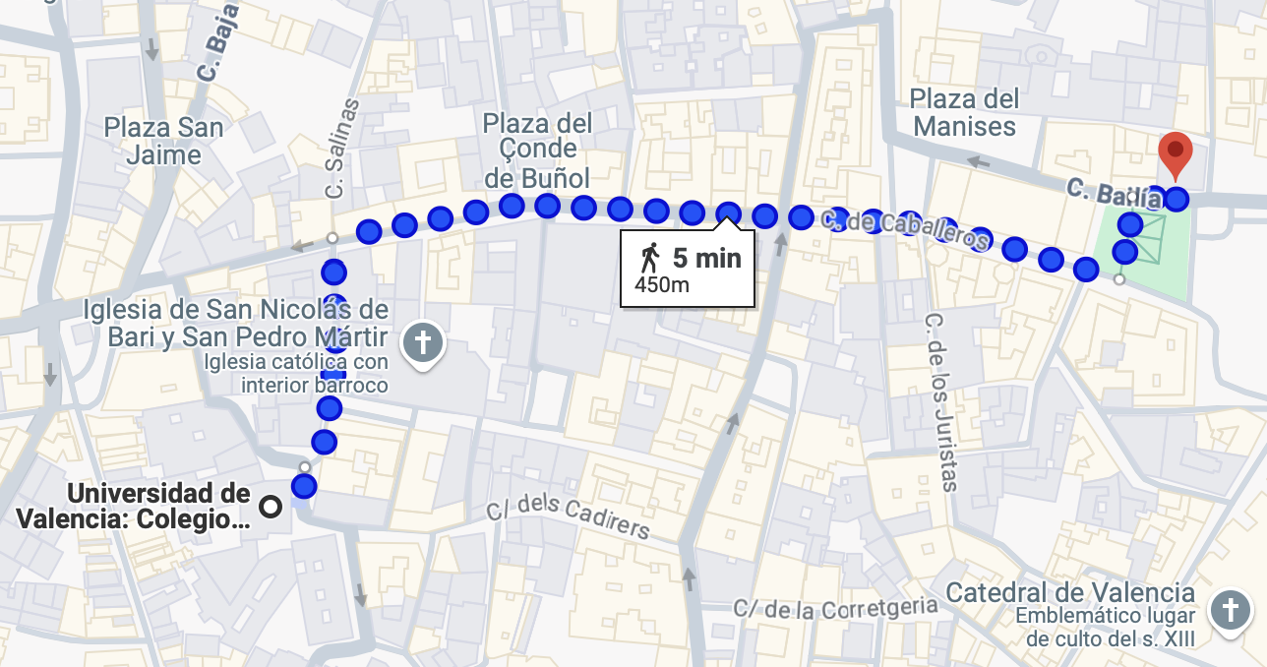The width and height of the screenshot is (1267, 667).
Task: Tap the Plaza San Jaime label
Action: pos(164,141)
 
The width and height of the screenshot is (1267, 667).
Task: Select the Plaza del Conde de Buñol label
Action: pos(537,151)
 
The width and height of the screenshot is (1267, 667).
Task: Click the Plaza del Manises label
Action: pos(964,112)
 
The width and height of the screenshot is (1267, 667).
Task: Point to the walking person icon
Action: pos(649,259)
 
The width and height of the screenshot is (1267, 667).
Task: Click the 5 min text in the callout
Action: pos(706,259)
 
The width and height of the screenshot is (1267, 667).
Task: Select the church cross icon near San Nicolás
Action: pos(423,343)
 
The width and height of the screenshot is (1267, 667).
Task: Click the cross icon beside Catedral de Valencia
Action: pos(1230,610)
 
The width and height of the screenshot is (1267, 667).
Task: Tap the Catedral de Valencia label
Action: pos(1070,593)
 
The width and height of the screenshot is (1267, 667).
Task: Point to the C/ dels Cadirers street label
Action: pos(569,518)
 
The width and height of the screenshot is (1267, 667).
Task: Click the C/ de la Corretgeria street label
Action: pos(835,608)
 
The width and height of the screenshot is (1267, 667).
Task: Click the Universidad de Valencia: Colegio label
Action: pos(134,506)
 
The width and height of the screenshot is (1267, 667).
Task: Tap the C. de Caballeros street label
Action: pos(905,229)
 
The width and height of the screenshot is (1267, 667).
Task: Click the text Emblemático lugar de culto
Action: pos(1106,628)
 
